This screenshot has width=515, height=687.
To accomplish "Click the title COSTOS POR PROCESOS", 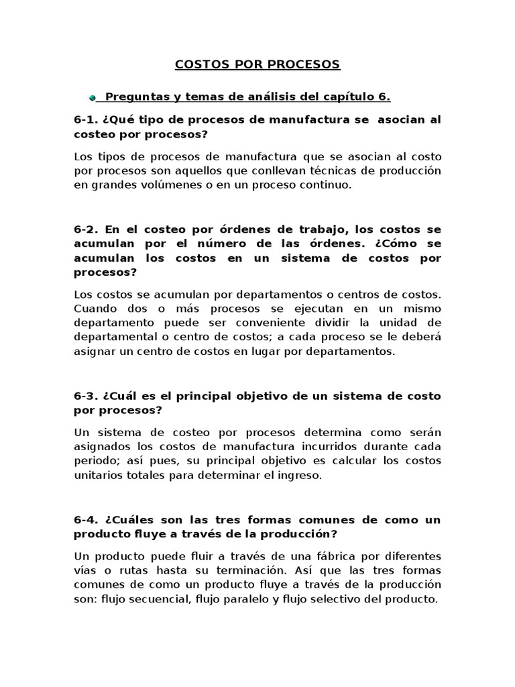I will click(x=257, y=65).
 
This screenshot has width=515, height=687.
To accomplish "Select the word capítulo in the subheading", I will click(x=348, y=97).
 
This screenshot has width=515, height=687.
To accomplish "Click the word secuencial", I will click(x=152, y=600).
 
